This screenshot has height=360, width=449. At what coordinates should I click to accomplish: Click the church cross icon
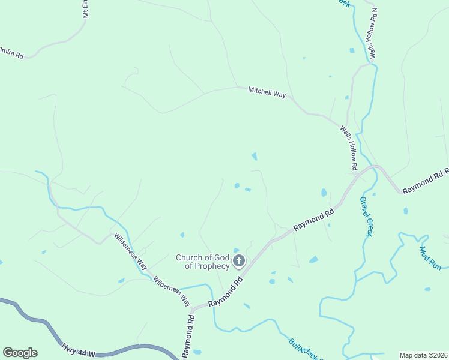pos(239,260)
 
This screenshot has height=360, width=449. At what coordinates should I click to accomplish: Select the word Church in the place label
pos(188,258)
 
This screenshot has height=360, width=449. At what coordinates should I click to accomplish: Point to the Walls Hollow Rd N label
pos(374,32)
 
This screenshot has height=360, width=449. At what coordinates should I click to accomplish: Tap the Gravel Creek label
pos(366,216)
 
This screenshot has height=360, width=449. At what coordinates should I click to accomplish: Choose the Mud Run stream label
pos(430,258)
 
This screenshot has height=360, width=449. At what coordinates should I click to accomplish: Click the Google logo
pos(20,353)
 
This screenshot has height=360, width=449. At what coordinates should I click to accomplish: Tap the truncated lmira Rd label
pos(12,53)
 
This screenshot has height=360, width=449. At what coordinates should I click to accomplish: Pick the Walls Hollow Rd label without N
pos(349,147)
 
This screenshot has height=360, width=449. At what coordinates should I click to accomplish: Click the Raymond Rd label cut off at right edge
pos(426,181)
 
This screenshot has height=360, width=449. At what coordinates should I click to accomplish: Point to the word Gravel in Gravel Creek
pos(364,208)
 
